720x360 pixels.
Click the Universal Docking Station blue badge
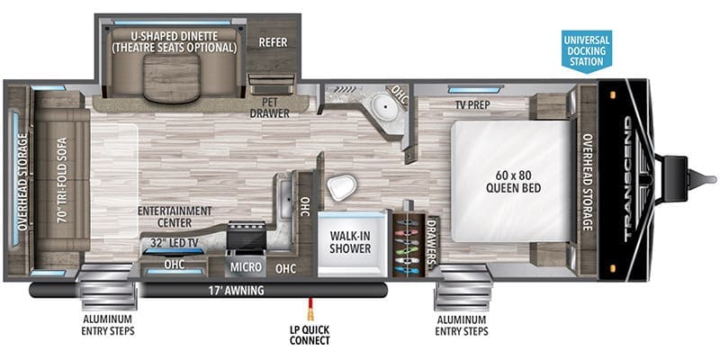[x=586, y=50]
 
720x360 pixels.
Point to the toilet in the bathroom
[x=341, y=187]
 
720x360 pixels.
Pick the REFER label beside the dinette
[x=272, y=41]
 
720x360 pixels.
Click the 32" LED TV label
[x=173, y=242]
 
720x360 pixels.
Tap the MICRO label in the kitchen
[x=245, y=267]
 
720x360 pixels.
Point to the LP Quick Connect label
[x=310, y=334]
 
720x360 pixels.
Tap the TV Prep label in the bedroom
[x=472, y=103]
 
